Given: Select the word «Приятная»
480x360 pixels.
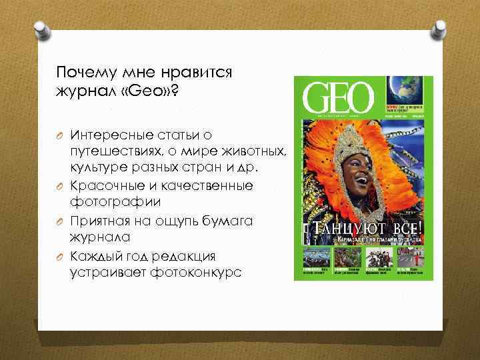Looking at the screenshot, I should [99, 220].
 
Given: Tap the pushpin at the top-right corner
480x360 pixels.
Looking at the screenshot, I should [441, 29].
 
